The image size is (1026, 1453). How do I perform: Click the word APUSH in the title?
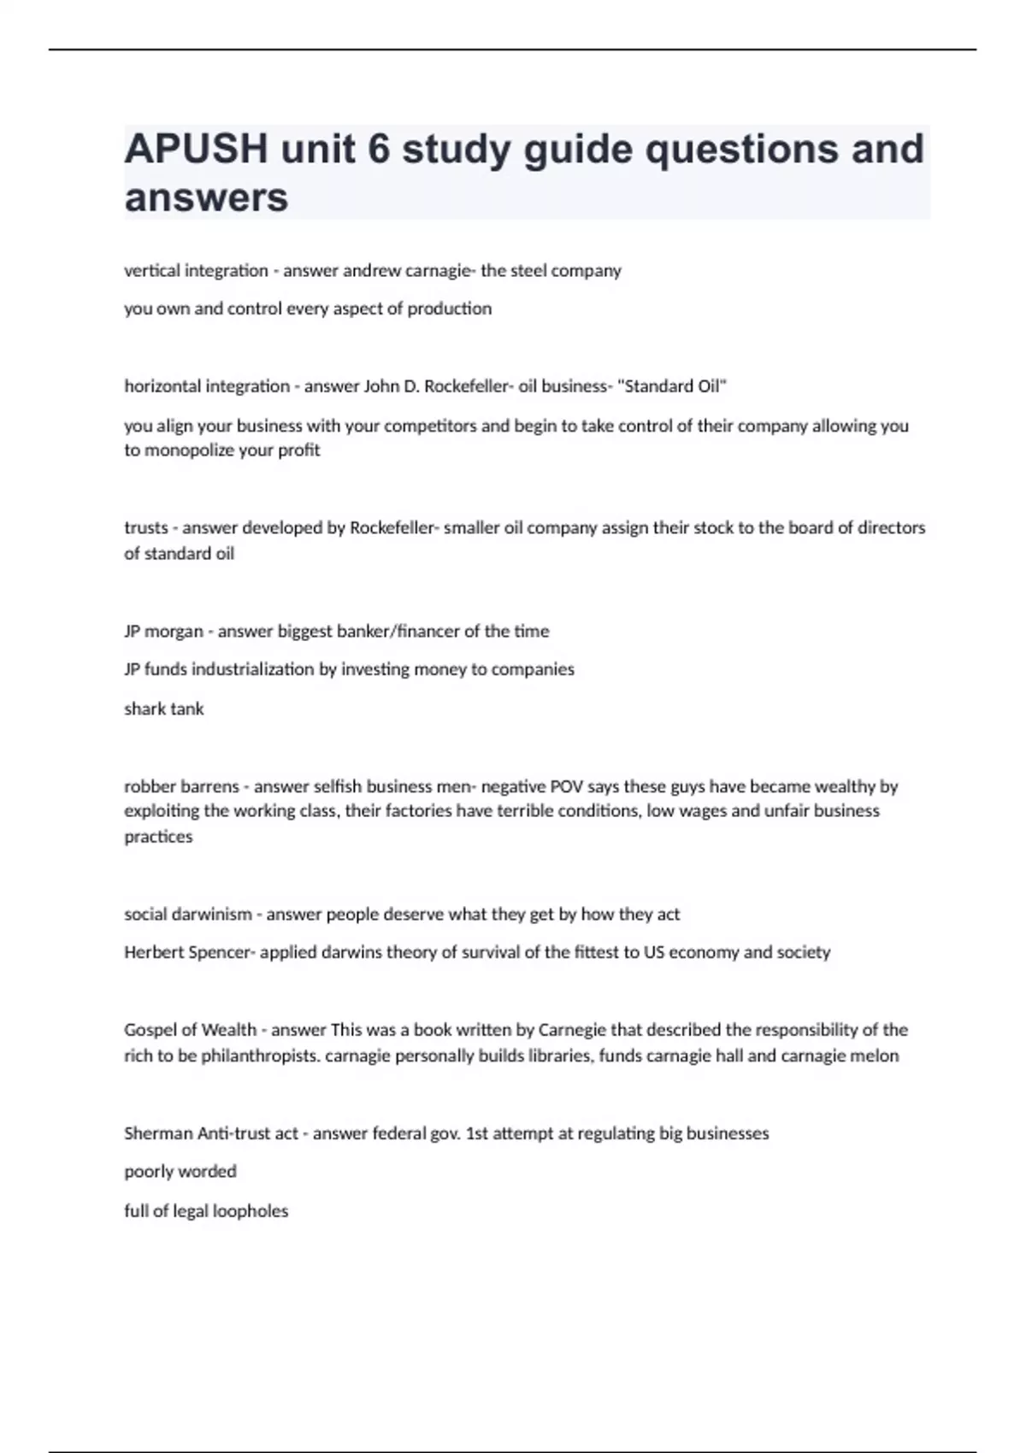(196, 149)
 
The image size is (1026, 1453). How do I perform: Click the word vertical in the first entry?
(150, 271)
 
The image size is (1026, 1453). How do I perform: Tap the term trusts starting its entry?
(146, 528)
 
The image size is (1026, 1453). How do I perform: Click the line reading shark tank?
(164, 709)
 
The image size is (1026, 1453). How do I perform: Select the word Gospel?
(150, 1030)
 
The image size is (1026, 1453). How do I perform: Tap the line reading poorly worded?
(180, 1172)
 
